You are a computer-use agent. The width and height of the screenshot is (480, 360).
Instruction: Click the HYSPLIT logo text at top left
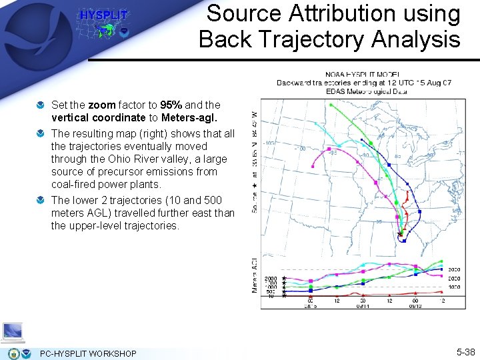point(104,15)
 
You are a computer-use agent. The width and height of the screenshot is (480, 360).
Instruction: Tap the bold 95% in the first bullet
point(172,105)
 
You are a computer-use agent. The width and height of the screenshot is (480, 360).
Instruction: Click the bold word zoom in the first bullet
point(101,105)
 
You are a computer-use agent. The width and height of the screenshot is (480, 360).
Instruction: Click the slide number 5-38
point(465,352)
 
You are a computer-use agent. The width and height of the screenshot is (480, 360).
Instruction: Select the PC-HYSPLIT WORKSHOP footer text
point(88,353)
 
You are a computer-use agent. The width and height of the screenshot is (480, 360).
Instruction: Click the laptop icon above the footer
point(13,331)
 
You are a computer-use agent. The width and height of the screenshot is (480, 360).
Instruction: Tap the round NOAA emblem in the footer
point(27,353)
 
